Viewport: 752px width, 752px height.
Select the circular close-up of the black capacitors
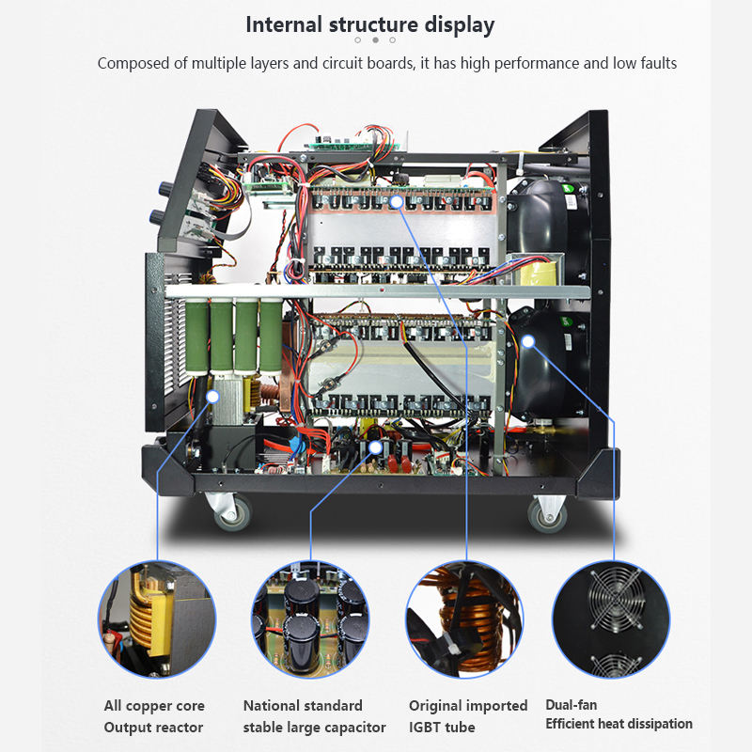point(309,618)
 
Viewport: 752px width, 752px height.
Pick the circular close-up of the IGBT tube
point(463,618)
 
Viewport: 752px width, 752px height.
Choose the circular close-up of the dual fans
point(610,618)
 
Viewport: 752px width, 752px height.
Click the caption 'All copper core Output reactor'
point(154,716)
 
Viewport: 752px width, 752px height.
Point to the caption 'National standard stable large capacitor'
point(314,716)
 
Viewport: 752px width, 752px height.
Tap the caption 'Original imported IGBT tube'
point(467,716)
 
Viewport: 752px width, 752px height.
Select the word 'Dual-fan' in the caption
point(571,705)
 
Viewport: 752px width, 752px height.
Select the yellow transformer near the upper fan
point(525,274)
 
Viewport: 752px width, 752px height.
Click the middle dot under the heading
point(375,40)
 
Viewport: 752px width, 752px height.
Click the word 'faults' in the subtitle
point(655,64)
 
